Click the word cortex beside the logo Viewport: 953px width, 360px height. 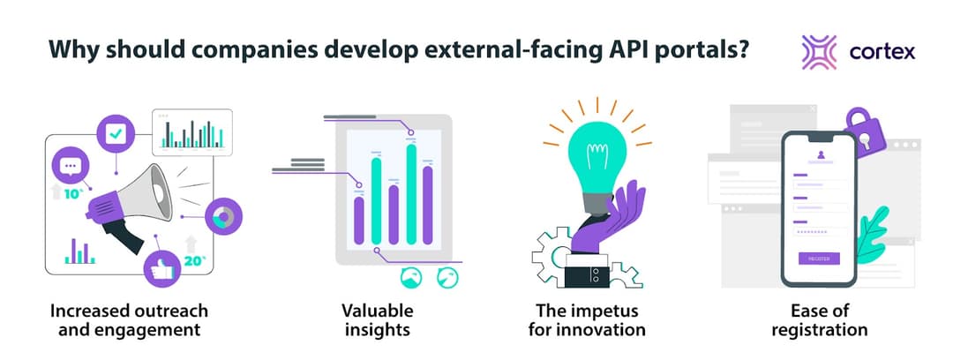882,52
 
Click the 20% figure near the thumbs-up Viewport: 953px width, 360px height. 194,260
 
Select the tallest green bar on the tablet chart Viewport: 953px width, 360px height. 410,193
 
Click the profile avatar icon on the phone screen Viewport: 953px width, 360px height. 819,155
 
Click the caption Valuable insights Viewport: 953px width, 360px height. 378,320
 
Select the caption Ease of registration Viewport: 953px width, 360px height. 819,320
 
